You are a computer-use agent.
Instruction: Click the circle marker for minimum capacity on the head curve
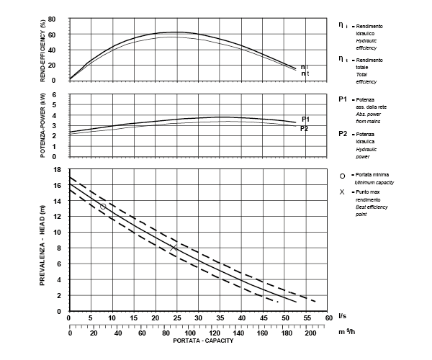[102, 207]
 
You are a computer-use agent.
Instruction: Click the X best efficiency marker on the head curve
[174, 248]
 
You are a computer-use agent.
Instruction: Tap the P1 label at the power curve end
[305, 119]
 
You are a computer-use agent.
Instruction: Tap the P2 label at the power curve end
[305, 128]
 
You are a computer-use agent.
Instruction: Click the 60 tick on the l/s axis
[328, 318]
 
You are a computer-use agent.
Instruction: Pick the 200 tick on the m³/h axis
[311, 334]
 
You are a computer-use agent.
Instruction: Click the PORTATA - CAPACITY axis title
[198, 341]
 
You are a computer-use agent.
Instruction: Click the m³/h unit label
[346, 331]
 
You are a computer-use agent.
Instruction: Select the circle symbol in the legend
[342, 175]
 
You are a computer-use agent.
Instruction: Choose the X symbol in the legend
[342, 192]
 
